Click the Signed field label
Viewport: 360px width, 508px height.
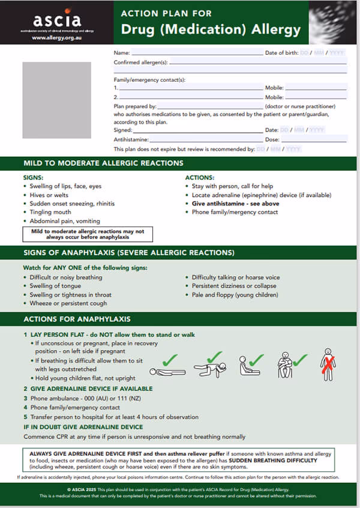(x=123, y=130)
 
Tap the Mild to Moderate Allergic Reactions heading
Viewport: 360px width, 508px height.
(x=103, y=163)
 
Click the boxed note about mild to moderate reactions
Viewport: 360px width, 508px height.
(x=88, y=234)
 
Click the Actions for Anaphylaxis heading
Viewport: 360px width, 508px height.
(x=77, y=319)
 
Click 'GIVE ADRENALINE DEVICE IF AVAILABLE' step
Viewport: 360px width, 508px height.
(x=91, y=389)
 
